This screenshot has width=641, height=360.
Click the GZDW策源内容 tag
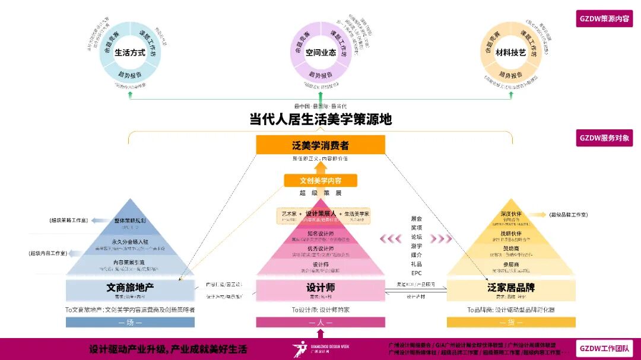[604, 18]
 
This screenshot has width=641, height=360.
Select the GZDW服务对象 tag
[604, 138]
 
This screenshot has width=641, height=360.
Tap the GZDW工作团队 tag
[604, 348]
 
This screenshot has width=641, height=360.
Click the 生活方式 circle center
[130, 52]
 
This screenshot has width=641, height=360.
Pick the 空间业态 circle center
[320, 52]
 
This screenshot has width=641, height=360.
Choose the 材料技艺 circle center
[511, 52]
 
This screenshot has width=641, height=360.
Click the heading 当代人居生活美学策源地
[320, 119]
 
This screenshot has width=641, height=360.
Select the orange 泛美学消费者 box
[320, 145]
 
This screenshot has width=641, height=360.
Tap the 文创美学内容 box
[320, 180]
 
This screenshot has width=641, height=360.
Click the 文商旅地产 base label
[130, 288]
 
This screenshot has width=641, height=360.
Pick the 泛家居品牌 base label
[511, 288]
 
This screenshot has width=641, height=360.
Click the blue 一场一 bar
[130, 322]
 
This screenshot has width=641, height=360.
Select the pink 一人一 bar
[320, 322]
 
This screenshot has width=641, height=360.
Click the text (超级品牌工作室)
[568, 215]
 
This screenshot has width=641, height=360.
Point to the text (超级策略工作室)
[69, 221]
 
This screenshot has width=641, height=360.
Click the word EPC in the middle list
[416, 273]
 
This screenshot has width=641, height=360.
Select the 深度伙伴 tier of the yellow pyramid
[511, 215]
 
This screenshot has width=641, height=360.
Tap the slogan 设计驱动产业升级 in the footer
[168, 349]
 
